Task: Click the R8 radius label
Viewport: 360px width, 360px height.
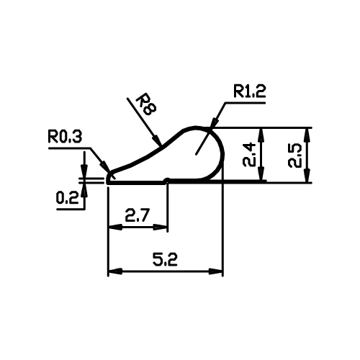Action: (x=146, y=106)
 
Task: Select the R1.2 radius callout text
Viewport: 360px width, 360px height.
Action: (x=250, y=91)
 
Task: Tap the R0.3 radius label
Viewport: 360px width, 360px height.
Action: (x=65, y=136)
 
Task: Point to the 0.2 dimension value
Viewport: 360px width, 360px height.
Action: (x=67, y=198)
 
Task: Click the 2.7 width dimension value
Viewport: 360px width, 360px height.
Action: (x=138, y=215)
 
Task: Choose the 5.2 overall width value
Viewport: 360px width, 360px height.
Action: (x=166, y=259)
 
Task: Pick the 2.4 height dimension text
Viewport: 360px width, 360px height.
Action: (x=249, y=155)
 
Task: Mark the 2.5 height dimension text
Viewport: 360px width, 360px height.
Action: (x=294, y=156)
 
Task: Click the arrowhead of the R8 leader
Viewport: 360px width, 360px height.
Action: (x=156, y=140)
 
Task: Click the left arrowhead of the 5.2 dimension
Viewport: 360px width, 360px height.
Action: (x=115, y=271)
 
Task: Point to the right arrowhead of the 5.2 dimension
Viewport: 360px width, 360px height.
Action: (x=216, y=271)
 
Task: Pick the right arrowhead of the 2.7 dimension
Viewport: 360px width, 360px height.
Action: (x=161, y=227)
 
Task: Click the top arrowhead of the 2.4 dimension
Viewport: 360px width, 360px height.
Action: (x=261, y=135)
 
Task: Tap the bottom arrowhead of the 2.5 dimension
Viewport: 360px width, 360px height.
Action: (x=307, y=176)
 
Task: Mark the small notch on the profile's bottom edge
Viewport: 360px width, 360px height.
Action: (x=167, y=180)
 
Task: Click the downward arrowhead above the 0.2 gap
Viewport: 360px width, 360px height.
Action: (x=84, y=171)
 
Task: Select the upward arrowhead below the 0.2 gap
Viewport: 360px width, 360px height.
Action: (x=84, y=190)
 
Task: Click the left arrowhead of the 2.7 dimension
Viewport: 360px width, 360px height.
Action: (x=115, y=227)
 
